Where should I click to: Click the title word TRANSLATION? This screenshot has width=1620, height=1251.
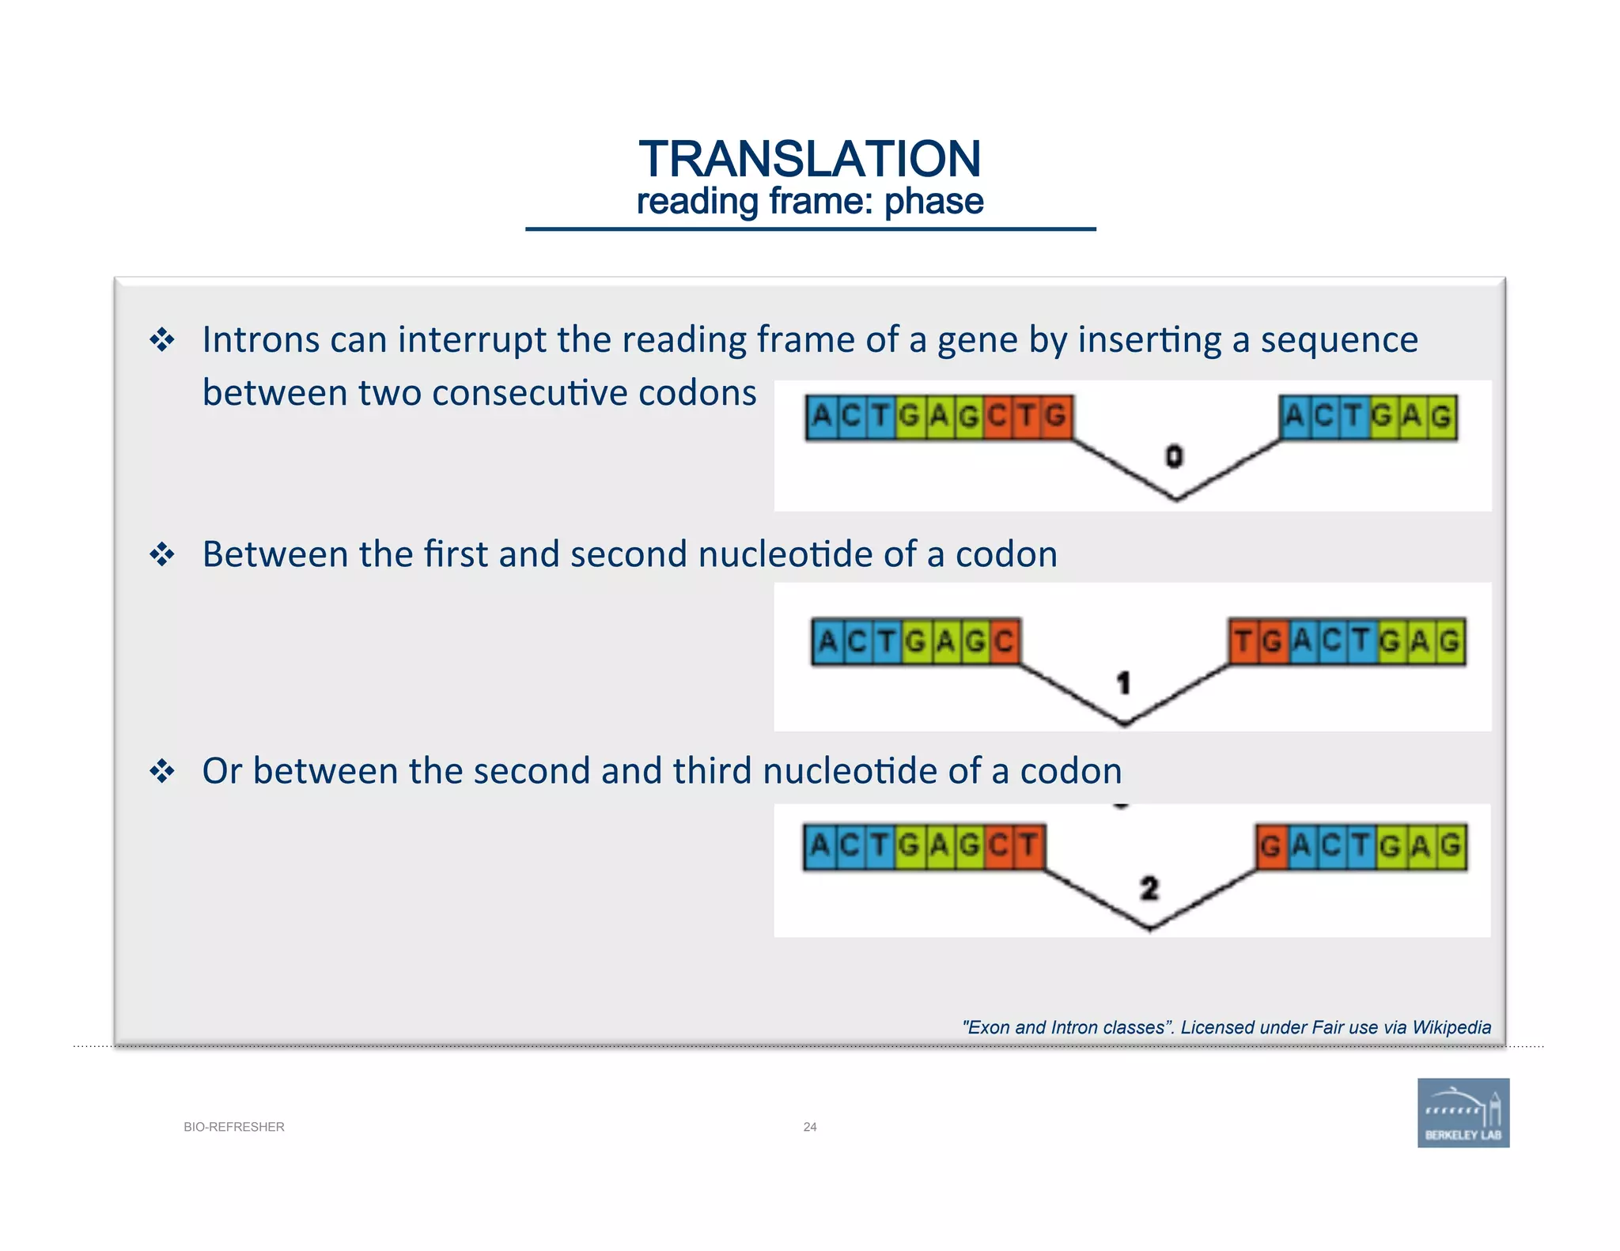(809, 159)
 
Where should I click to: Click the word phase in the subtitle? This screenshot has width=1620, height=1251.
(933, 202)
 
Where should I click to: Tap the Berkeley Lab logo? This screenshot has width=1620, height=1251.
(1463, 1112)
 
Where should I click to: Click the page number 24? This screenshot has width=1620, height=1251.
(809, 1127)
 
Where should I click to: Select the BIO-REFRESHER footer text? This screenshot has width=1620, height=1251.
(233, 1127)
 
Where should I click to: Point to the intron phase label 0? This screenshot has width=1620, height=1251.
(1175, 456)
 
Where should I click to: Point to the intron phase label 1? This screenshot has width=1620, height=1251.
(1123, 682)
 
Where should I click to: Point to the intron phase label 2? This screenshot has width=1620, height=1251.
(1149, 889)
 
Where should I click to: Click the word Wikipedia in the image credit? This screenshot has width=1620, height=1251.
(1452, 1027)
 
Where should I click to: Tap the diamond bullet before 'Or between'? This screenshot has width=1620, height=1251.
(162, 771)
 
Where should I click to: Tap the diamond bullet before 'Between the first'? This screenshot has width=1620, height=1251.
(162, 554)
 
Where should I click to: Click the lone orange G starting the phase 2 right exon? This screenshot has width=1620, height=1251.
(1270, 847)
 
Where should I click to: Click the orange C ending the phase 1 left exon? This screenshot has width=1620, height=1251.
(1004, 641)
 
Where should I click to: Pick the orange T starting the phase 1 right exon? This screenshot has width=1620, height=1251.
(1243, 641)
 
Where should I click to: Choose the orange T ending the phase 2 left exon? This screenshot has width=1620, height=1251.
(1028, 846)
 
